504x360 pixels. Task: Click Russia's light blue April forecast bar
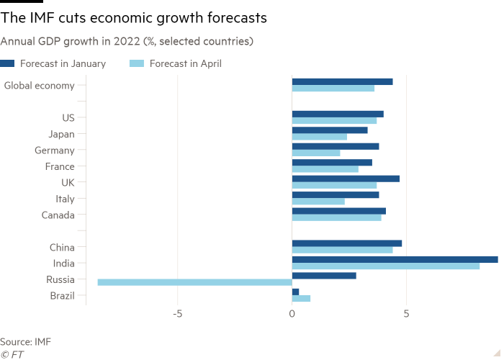tap(194, 282)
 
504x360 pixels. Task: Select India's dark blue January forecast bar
tap(395, 259)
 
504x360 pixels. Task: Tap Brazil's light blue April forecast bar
tap(301, 298)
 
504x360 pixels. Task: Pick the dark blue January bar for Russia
tap(324, 275)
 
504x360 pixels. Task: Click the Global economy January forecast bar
tap(342, 81)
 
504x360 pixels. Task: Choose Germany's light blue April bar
tap(316, 153)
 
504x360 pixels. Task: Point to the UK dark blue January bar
tap(346, 178)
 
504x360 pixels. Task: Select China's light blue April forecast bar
tap(342, 250)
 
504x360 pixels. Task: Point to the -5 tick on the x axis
tap(177, 314)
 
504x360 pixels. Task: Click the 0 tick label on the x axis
tap(292, 314)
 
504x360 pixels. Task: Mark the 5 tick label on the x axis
tap(406, 314)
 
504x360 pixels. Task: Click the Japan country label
tap(61, 134)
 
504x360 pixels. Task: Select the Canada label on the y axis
tap(58, 215)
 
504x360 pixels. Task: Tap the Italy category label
tap(65, 199)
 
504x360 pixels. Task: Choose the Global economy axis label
tap(39, 86)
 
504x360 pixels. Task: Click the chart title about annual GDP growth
tap(126, 42)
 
